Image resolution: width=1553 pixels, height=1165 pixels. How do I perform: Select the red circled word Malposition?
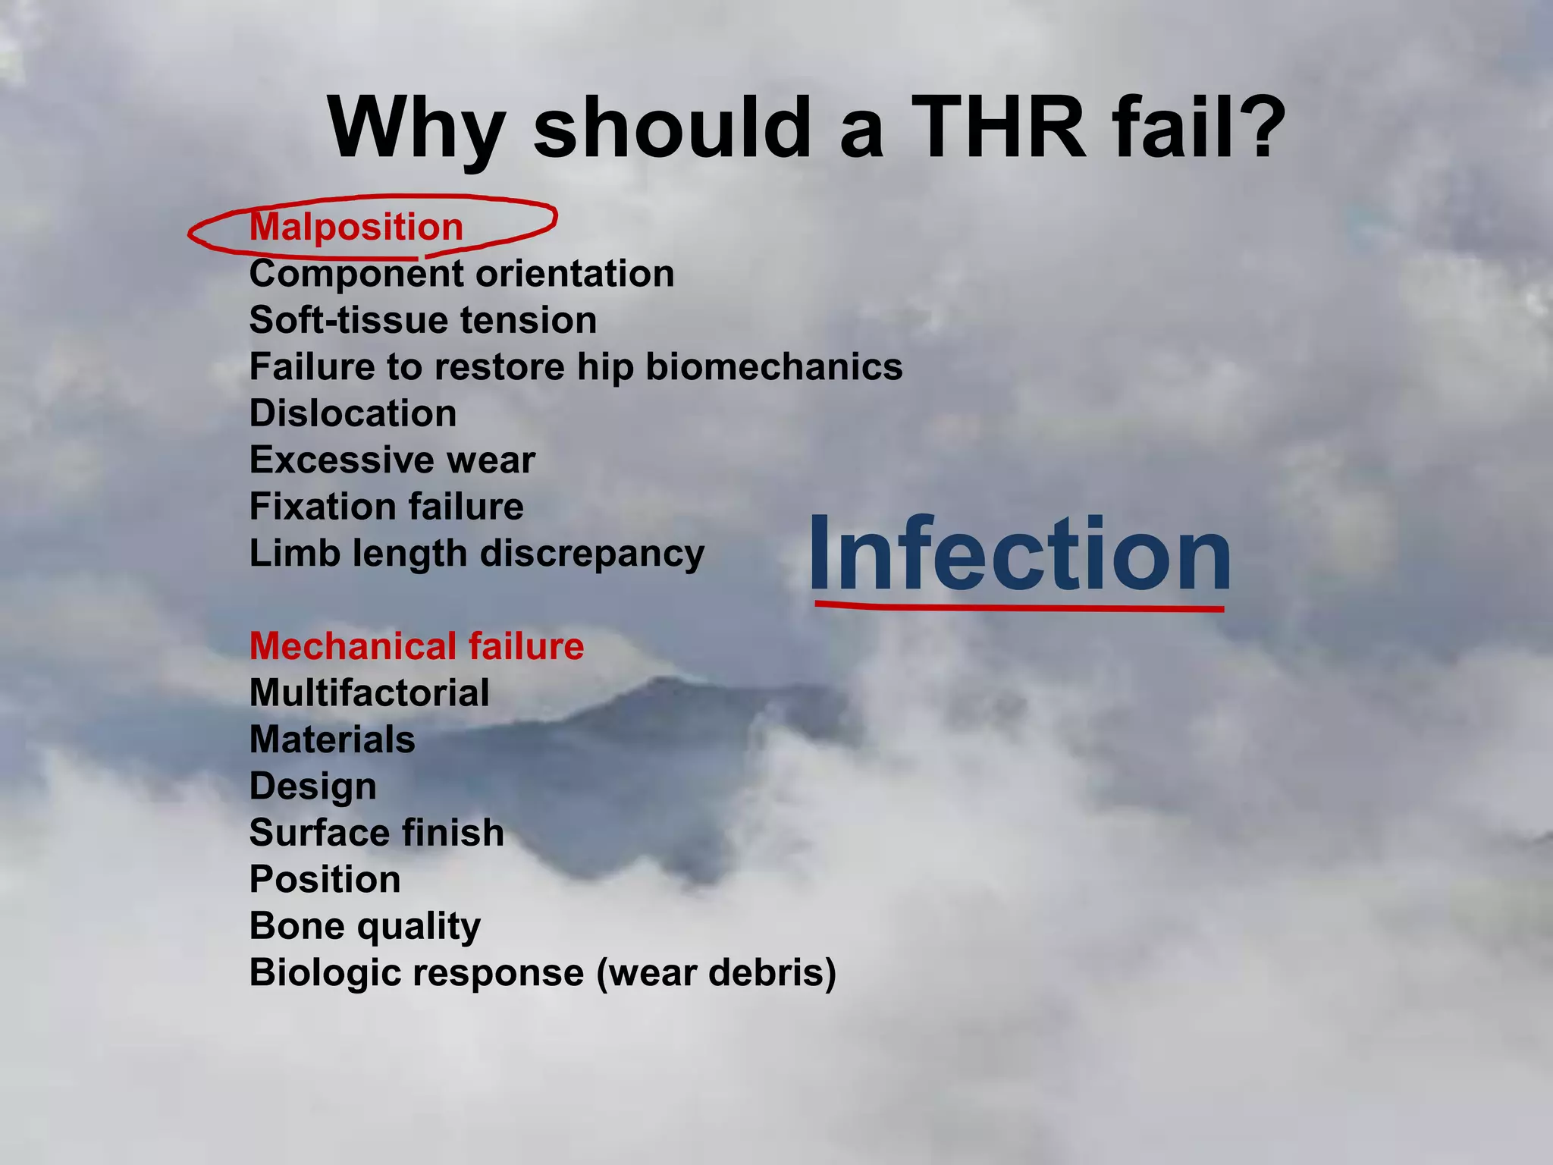356,227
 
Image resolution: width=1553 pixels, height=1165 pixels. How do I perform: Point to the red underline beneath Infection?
1020,607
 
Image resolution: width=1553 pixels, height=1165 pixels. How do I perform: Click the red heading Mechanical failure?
416,646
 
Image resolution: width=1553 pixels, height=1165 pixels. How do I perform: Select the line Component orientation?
461,274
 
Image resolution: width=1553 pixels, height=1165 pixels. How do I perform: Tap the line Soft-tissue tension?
422,320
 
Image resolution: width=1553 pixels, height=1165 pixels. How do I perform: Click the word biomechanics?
773,367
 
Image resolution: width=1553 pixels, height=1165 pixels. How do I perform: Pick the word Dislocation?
353,413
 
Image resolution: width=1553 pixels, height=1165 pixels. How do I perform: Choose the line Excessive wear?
392,460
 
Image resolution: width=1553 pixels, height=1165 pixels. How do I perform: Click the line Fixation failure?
386,507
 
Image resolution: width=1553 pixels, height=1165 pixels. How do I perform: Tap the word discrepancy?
592,554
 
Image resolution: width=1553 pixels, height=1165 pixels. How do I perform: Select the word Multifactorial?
369,693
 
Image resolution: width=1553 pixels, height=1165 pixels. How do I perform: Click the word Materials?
332,740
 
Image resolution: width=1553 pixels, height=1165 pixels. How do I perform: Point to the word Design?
312,787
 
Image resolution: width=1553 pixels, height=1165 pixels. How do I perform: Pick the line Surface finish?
376,833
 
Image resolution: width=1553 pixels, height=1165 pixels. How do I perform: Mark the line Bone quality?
365,926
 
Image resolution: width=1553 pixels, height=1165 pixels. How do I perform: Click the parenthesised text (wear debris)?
716,973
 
